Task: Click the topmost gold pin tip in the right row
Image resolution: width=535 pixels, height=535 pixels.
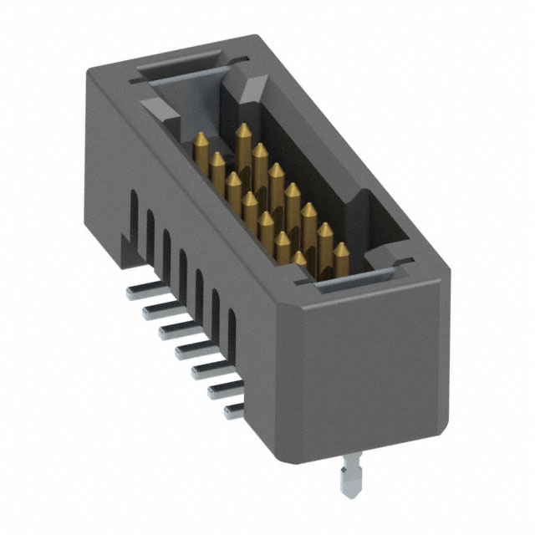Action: click(243, 133)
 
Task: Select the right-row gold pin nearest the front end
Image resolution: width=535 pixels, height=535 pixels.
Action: click(341, 251)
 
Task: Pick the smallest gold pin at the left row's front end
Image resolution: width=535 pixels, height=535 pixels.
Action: click(300, 258)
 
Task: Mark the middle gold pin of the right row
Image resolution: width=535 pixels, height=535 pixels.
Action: click(292, 192)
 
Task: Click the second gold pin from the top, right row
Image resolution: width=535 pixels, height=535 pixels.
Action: click(260, 152)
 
